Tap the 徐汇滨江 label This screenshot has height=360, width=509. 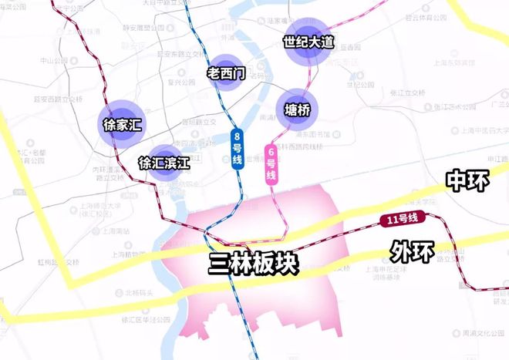(x=164, y=163)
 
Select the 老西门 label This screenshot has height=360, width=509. (x=226, y=73)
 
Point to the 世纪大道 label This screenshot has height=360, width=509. (x=308, y=42)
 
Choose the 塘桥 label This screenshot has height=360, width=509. (x=297, y=109)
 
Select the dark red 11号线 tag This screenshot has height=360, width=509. (x=401, y=220)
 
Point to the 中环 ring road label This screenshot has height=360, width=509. (x=468, y=180)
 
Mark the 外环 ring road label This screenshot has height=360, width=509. (x=412, y=251)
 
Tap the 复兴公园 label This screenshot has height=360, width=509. (x=191, y=79)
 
